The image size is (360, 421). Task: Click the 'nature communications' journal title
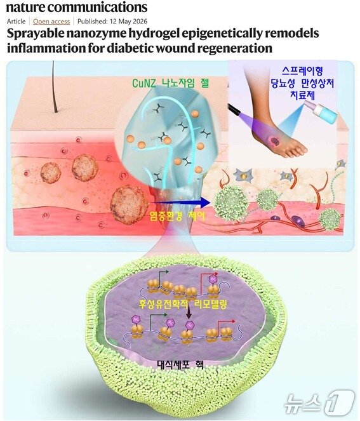(x=77, y=7)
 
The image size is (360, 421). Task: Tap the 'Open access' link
(x=51, y=22)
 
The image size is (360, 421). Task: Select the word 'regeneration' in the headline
(x=233, y=48)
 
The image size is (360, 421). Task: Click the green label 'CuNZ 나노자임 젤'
(x=170, y=83)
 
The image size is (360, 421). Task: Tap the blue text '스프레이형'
(x=302, y=71)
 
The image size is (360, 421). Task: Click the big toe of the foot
(x=300, y=149)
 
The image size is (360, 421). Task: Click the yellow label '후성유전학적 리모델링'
(x=183, y=304)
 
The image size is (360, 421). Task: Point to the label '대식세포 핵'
(x=180, y=364)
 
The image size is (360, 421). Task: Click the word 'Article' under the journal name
(x=16, y=22)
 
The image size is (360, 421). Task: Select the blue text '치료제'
(x=303, y=95)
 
